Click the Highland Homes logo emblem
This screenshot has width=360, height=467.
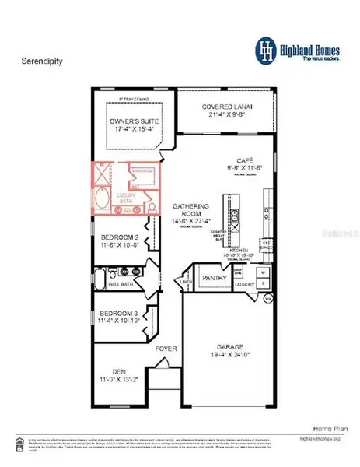pyautogui.click(x=267, y=49)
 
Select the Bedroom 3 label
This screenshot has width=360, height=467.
pyautogui.click(x=119, y=316)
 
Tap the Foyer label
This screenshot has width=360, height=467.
pyautogui.click(x=166, y=349)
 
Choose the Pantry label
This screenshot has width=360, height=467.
pyautogui.click(x=213, y=277)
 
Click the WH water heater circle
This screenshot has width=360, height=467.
pyautogui.click(x=267, y=299)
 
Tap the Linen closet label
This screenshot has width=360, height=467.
pyautogui.click(x=187, y=281)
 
